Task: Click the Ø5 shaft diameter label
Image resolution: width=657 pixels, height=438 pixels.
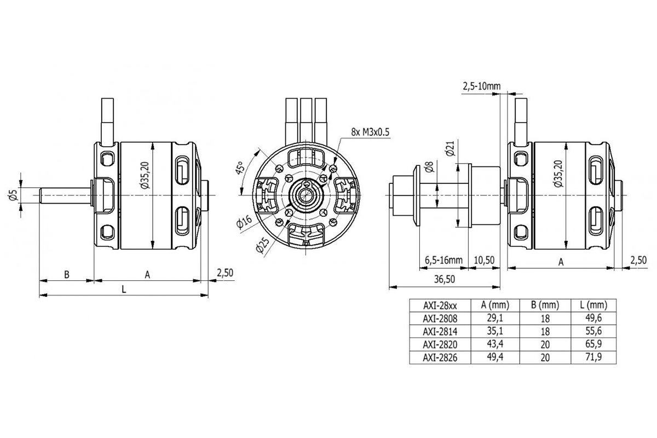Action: click(x=14, y=195)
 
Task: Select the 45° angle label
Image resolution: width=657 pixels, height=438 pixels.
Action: click(x=239, y=168)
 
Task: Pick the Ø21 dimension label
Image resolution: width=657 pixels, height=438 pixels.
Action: click(x=450, y=149)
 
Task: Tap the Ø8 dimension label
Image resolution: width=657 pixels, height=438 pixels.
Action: click(x=429, y=167)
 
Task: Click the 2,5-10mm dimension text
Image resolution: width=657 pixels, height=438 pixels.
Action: click(x=482, y=86)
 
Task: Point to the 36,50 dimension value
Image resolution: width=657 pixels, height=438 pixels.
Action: click(x=444, y=279)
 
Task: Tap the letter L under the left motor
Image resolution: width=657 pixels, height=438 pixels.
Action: click(x=124, y=290)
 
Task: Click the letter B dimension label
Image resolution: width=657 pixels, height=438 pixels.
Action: click(x=66, y=274)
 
